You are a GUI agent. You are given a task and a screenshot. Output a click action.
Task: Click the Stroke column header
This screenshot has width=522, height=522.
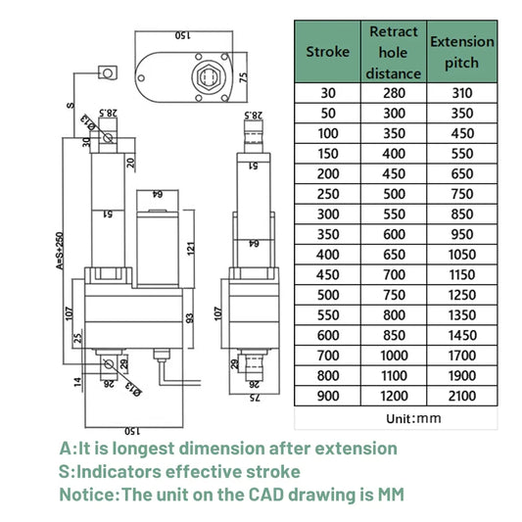(327, 51)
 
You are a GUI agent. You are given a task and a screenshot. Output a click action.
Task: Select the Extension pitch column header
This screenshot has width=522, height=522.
(462, 51)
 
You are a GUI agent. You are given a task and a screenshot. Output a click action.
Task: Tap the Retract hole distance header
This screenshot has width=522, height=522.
(394, 51)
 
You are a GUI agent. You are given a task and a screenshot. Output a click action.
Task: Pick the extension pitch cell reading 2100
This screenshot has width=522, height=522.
(462, 396)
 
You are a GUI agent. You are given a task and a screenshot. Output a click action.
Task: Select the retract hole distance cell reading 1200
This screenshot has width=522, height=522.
(394, 396)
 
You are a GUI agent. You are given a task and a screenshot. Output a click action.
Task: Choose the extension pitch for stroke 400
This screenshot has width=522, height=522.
(462, 254)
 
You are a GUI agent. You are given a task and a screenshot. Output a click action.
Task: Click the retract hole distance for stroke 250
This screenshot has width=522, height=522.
(394, 194)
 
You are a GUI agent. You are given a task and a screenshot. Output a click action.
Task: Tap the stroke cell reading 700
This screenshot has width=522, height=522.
(327, 356)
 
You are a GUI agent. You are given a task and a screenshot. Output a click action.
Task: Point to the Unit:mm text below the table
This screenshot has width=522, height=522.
(394, 417)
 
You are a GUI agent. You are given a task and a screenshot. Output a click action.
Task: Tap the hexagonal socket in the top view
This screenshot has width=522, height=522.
(209, 74)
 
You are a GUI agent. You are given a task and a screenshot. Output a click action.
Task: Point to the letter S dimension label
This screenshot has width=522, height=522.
(70, 102)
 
